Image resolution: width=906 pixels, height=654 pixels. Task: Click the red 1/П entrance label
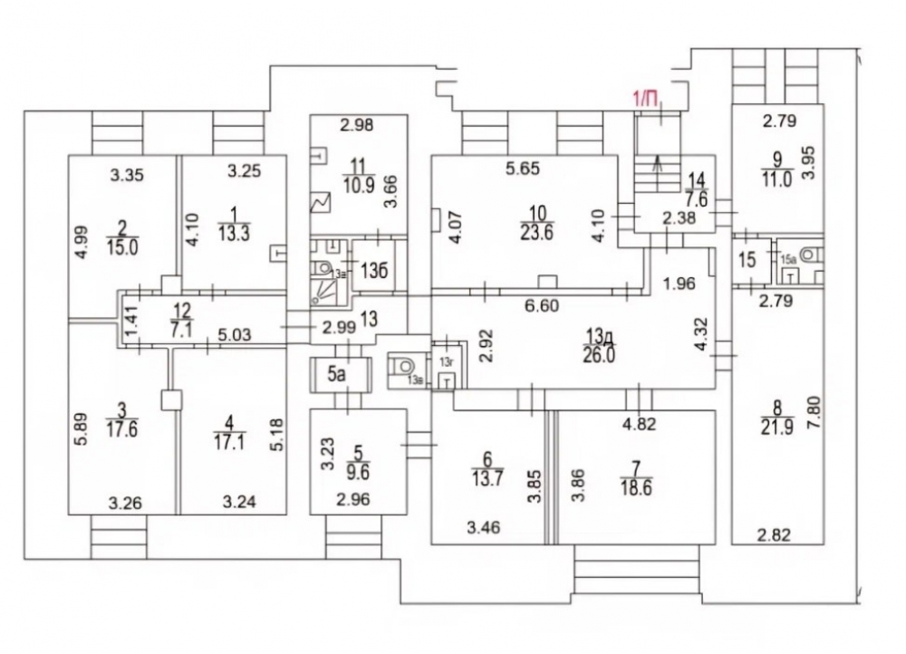pyautogui.click(x=646, y=99)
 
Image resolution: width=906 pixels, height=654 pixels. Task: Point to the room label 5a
pyautogui.click(x=337, y=372)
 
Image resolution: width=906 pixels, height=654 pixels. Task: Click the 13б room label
pyautogui.click(x=370, y=271)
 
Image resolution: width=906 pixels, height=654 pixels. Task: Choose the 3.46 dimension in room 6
pyautogui.click(x=481, y=524)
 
